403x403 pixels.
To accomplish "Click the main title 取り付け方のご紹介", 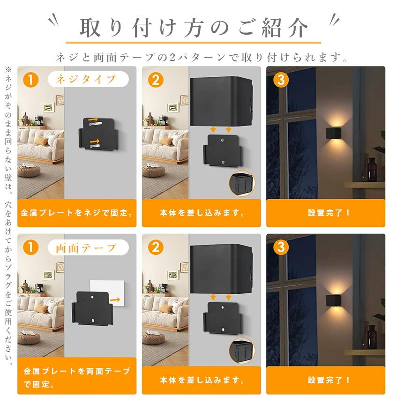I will (194, 28).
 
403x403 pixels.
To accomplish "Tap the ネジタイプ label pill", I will (88, 79).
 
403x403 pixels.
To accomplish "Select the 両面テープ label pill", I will (88, 247).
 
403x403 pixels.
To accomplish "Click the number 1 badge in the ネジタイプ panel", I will (30, 79).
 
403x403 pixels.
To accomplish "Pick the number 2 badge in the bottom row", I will (156, 247).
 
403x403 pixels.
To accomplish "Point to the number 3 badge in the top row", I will (281, 79).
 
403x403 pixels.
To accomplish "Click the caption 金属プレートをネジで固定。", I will (77, 213).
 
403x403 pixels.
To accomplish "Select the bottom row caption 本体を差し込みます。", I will (202, 380).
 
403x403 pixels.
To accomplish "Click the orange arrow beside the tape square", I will (115, 299).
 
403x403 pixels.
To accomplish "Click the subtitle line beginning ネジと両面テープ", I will (202, 58).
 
